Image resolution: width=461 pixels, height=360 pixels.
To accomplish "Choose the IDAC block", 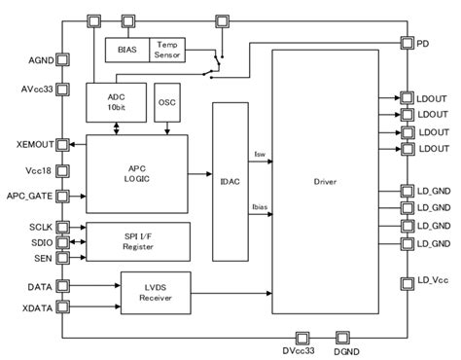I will point(230,180).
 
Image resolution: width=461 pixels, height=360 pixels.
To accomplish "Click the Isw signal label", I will point(259,155).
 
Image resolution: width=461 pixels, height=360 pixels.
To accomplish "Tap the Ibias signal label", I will point(262,206).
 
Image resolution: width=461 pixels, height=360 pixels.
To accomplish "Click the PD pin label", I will point(424,44).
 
